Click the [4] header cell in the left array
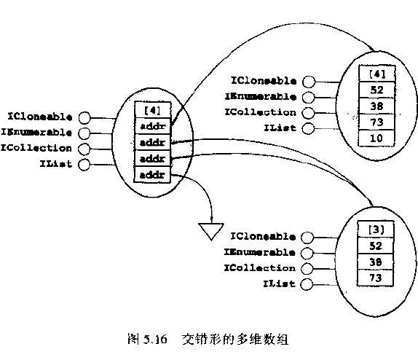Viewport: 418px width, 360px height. point(152,110)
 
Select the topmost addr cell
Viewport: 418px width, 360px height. point(152,126)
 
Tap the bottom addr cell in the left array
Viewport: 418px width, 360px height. point(152,174)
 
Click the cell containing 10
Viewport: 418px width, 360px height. point(376,138)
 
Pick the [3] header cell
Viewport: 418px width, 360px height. point(375,229)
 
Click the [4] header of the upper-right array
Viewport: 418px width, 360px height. point(377,73)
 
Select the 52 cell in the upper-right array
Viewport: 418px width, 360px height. point(376,90)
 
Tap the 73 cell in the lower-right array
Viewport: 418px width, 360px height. point(375,278)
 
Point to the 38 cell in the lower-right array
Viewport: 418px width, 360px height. point(375,262)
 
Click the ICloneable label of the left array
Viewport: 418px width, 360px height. point(40,117)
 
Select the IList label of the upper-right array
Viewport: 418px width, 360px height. point(280,128)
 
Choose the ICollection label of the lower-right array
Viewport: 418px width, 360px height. point(260,267)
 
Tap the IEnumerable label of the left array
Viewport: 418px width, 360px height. point(36,133)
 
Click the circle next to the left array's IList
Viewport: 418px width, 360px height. point(84,165)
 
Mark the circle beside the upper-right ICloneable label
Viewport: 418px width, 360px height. point(309,82)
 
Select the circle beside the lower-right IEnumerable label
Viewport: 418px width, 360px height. point(307,253)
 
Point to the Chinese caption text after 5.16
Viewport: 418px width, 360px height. point(235,339)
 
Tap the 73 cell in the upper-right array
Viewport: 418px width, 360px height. point(376,122)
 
